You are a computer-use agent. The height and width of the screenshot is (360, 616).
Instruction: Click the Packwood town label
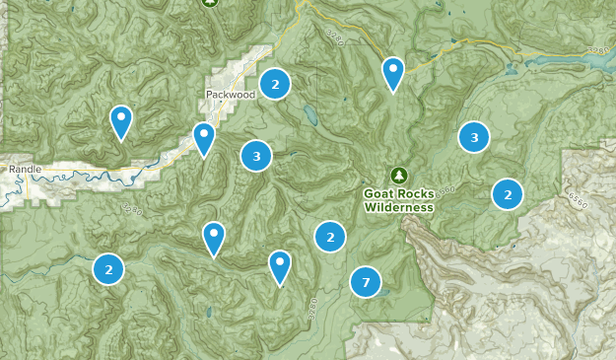pos(231,95)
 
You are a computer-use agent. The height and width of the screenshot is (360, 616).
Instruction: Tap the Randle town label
pos(27,170)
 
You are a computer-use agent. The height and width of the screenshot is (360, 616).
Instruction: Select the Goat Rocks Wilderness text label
pos(398,201)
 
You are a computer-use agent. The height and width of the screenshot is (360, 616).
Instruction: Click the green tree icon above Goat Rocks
pos(398,176)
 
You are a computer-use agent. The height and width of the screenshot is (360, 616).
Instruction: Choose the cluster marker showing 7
pos(366,283)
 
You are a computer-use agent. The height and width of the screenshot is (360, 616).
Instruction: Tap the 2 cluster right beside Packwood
pos(275,84)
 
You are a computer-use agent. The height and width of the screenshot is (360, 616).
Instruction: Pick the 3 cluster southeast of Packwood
pos(256,155)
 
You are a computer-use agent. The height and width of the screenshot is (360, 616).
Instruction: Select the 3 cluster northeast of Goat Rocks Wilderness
pos(474,137)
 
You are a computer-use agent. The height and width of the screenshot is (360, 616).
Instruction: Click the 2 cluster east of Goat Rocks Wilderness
pos(507,194)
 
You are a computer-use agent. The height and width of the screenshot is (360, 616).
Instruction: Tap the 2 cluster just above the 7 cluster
pos(330,237)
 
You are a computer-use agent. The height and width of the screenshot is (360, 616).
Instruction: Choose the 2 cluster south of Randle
pos(108,268)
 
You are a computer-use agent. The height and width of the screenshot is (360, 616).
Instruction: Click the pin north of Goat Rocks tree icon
pos(393,72)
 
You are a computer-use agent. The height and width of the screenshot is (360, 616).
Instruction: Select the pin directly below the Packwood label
pos(204,137)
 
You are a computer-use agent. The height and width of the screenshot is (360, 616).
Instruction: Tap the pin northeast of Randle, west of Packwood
pos(121,121)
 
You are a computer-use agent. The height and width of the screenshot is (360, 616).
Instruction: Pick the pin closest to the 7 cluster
pos(281,265)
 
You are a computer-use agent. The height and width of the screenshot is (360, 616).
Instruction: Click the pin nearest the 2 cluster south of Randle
pos(214,238)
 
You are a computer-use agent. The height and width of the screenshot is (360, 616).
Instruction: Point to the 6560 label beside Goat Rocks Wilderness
pos(446,189)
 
